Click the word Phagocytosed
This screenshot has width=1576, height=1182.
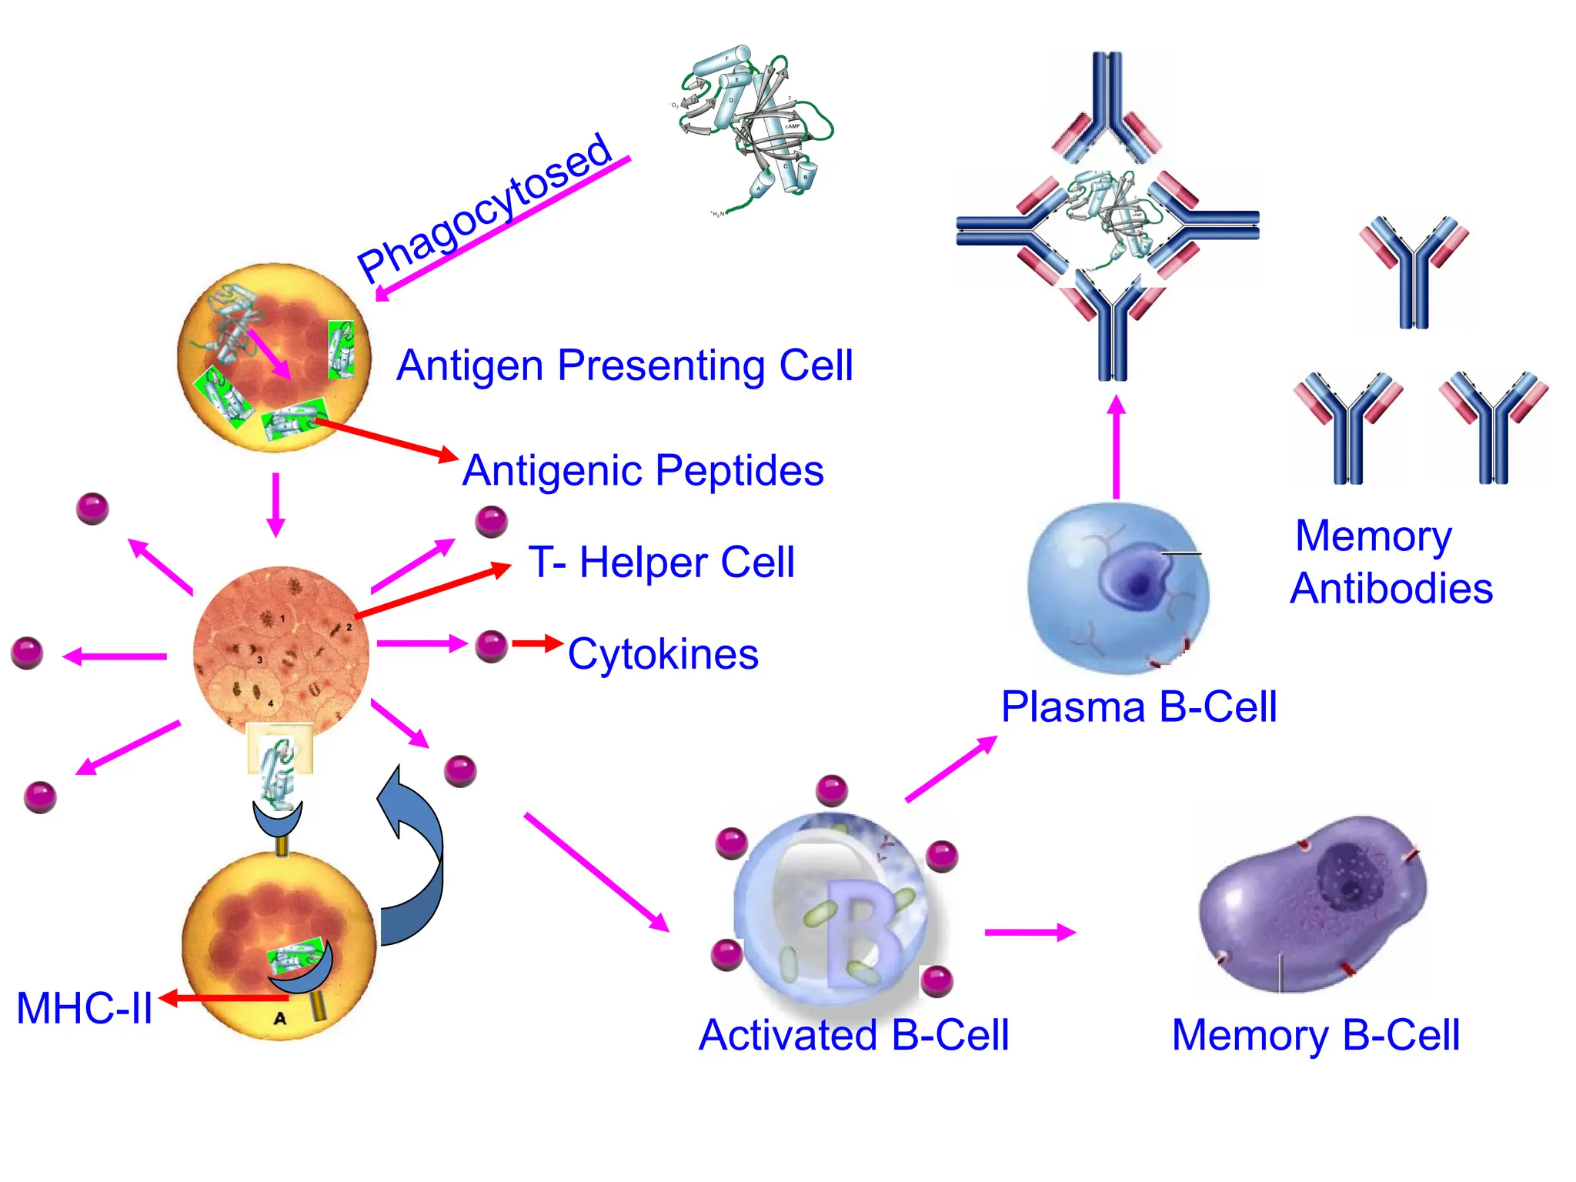click(485, 208)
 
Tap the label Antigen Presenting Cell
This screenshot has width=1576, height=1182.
click(624, 366)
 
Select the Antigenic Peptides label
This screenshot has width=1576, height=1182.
click(643, 470)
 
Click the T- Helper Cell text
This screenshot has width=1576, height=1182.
click(661, 562)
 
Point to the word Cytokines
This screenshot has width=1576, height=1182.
click(663, 654)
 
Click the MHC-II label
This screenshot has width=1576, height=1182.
click(85, 1008)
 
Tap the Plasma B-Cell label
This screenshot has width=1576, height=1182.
click(1138, 706)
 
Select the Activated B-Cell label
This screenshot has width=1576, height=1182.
click(853, 1035)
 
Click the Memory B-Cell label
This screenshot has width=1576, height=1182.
click(1315, 1035)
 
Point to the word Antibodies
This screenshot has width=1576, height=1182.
click(1391, 589)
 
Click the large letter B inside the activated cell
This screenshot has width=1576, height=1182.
click(862, 931)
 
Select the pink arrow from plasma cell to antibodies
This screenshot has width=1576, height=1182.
click(1117, 446)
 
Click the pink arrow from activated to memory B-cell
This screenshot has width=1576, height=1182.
click(1030, 933)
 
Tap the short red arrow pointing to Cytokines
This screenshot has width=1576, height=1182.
click(537, 643)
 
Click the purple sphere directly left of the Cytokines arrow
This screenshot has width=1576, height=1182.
click(492, 646)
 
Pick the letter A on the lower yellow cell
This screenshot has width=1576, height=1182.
click(280, 1018)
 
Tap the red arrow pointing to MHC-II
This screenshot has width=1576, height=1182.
click(223, 998)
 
